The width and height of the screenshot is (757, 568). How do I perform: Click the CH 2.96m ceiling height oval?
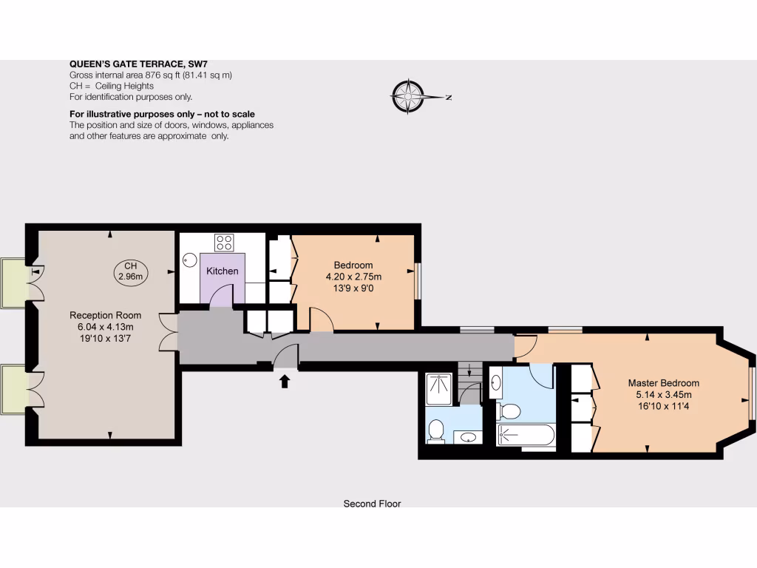pyautogui.click(x=131, y=271)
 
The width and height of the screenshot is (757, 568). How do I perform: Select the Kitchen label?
pyautogui.click(x=222, y=271)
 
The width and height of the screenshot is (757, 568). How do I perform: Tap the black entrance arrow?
pyautogui.click(x=285, y=381)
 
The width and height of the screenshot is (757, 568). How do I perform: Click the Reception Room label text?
pyautogui.click(x=105, y=315)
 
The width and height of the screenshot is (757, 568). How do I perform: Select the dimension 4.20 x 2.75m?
pyautogui.click(x=353, y=277)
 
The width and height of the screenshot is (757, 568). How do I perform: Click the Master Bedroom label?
pyautogui.click(x=663, y=383)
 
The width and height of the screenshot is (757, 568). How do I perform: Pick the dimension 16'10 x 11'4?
pyautogui.click(x=663, y=406)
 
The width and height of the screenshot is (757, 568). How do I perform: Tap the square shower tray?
pyautogui.click(x=441, y=388)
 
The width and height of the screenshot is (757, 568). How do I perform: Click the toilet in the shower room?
pyautogui.click(x=436, y=430)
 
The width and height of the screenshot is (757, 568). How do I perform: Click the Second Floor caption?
pyautogui.click(x=372, y=504)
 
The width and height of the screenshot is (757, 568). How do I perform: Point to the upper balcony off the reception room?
pyautogui.click(x=13, y=283)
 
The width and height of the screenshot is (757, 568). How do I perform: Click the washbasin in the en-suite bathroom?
pyautogui.click(x=497, y=382)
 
